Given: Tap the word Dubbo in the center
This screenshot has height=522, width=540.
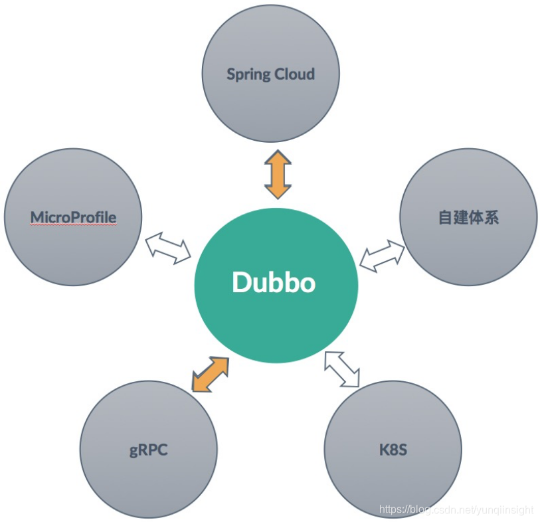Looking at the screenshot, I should coord(274,283).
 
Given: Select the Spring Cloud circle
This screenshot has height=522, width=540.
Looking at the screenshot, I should coord(270,100).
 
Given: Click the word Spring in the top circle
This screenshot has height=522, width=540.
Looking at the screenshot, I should coord(247,74).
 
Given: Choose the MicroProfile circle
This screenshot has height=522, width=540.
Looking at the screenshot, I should coord(73,246).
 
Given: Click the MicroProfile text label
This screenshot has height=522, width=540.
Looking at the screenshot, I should coord(73,217).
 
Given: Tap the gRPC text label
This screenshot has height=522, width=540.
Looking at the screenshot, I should coord(148,450).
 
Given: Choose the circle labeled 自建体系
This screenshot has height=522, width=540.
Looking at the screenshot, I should coord(468,246).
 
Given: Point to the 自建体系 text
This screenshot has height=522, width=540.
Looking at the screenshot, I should coord(468,217).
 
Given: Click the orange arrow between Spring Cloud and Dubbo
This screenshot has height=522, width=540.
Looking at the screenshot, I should coord(278,174).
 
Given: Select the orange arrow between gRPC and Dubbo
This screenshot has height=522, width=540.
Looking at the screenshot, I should coord(210,374).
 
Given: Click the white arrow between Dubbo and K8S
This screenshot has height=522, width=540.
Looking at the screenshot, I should coord(342,369).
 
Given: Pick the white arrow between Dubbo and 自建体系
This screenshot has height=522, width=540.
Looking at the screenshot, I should coord(382,256).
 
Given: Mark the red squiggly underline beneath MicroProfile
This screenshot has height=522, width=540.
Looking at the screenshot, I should coord(73,225).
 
